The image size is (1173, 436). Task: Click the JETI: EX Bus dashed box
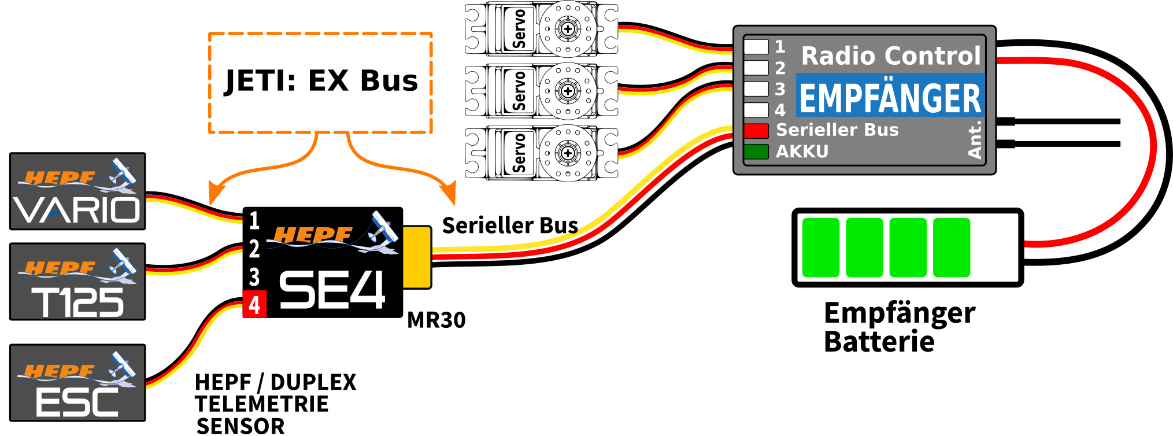click(320, 83)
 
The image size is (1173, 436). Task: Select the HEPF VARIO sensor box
click(77, 191)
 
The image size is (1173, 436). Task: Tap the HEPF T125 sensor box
click(77, 282)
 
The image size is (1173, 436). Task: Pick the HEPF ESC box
click(77, 383)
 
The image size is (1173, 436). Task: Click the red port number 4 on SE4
click(254, 305)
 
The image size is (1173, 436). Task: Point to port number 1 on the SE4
click(254, 220)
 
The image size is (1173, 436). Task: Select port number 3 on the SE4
click(254, 277)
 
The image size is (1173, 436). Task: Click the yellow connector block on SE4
click(416, 257)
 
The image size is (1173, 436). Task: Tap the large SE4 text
click(332, 290)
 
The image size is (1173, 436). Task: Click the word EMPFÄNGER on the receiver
click(890, 97)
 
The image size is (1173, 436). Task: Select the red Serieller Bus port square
click(756, 131)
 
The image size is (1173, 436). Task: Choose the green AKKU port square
click(756, 152)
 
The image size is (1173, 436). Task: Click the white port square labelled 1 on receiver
click(756, 46)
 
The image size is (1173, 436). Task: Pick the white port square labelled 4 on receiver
click(756, 110)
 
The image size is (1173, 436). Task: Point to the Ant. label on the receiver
click(975, 140)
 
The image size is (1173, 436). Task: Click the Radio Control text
click(891, 56)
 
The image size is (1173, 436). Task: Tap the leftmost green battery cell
click(821, 247)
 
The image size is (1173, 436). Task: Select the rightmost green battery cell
click(952, 247)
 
